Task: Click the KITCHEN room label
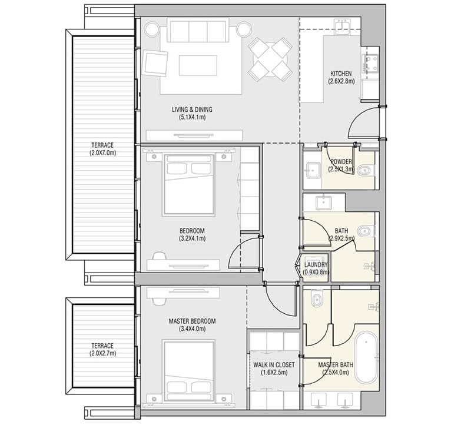(x=341, y=74)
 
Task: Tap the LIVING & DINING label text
(x=192, y=110)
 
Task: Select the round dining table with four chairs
(x=270, y=59)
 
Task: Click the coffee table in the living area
(x=198, y=65)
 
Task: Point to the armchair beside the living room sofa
(x=155, y=63)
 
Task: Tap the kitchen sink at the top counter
(x=342, y=26)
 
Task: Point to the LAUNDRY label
(x=316, y=264)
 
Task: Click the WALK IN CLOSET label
(x=274, y=365)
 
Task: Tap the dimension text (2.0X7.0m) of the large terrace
(x=102, y=152)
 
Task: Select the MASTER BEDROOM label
(x=192, y=321)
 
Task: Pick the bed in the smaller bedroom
(x=188, y=185)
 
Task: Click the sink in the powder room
(x=313, y=171)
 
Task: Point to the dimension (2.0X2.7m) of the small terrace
(x=102, y=353)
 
